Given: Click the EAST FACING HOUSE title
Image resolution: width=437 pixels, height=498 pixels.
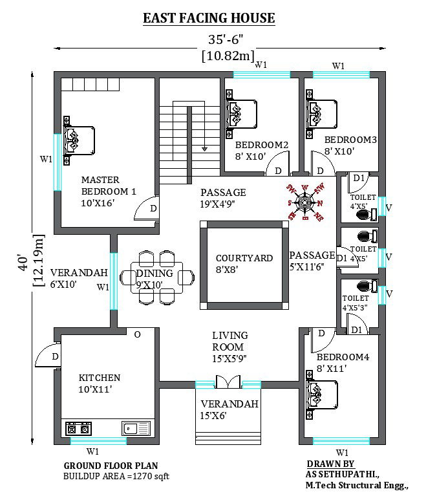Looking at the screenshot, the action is point(209,18).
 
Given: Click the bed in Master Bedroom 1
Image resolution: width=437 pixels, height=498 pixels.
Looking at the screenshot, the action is point(78,138).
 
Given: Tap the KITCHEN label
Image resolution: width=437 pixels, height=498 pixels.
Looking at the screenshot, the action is point(100,378).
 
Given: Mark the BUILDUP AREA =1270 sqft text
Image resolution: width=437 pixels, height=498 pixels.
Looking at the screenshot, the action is point(116,477).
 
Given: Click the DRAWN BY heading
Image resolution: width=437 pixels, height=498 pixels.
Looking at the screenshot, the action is point(330,464).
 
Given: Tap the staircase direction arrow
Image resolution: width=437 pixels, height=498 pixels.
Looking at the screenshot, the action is point(204,147).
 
